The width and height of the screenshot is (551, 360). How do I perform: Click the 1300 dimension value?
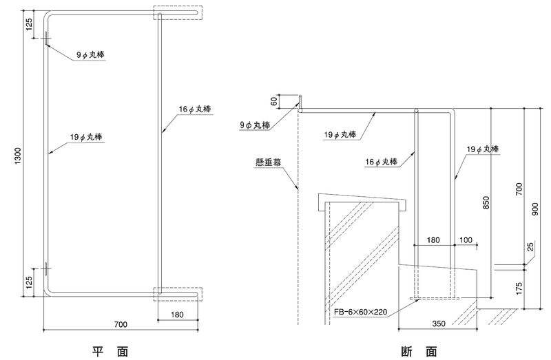click(18, 156)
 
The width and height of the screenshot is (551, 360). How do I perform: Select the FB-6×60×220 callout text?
click(360, 312)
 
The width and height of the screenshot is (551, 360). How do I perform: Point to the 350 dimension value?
click(439, 324)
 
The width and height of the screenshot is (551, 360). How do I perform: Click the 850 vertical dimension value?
click(486, 202)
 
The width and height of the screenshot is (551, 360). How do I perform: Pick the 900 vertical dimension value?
click(535, 209)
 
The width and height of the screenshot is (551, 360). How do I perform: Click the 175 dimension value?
click(520, 288)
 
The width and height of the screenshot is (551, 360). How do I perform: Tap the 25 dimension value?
click(530, 246)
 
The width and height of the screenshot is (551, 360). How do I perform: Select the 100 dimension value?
click(466, 240)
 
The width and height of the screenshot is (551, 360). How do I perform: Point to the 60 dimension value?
click(274, 101)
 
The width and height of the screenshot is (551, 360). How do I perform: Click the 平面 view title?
click(110, 351)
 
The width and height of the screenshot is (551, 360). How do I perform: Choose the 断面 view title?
click(419, 351)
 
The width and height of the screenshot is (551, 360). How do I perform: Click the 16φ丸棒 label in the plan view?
click(195, 109)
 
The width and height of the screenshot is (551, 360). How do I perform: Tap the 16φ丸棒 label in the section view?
click(382, 162)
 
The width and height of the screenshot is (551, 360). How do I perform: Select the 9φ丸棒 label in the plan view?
click(90, 55)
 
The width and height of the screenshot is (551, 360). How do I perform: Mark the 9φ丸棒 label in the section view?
click(255, 125)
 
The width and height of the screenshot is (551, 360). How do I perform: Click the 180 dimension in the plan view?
click(177, 315)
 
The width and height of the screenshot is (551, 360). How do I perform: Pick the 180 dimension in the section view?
click(433, 240)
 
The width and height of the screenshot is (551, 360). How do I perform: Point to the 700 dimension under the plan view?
click(121, 324)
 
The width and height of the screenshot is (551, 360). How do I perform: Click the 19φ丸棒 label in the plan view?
click(85, 136)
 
